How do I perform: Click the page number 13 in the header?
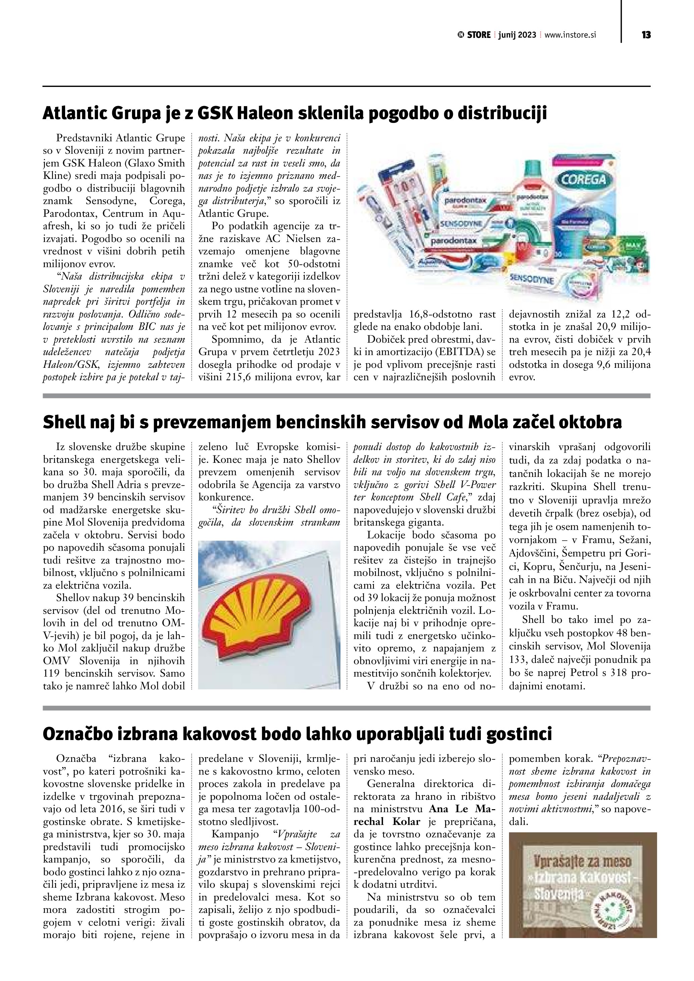[646, 35]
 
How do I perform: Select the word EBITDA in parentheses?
[464, 352]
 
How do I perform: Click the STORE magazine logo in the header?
[474, 35]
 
